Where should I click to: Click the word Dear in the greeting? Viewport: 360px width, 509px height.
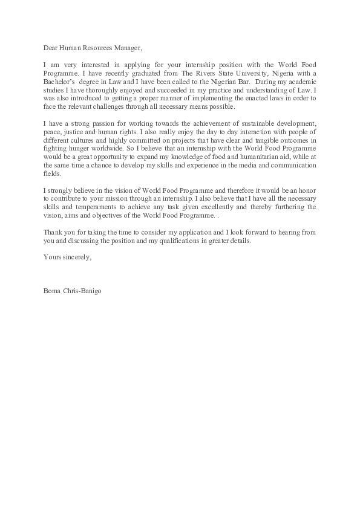tap(51, 48)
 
